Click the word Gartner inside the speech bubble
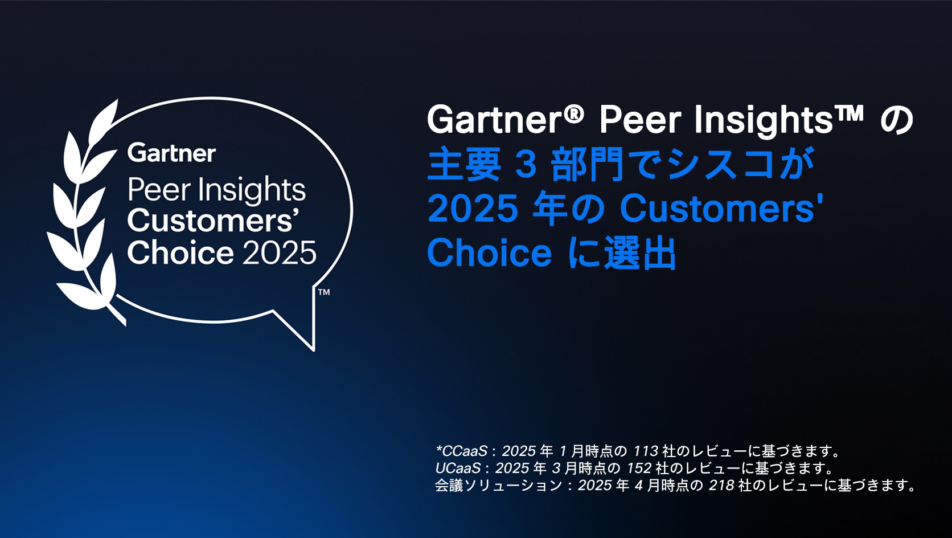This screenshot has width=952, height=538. pyautogui.click(x=171, y=153)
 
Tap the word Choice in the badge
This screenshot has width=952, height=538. pyautogui.click(x=180, y=252)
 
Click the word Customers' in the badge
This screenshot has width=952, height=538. pyautogui.click(x=212, y=221)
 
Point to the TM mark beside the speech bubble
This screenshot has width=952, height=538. pyautogui.click(x=324, y=292)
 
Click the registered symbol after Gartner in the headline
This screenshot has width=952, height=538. pyautogui.click(x=575, y=113)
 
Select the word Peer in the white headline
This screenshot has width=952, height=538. pyautogui.click(x=640, y=120)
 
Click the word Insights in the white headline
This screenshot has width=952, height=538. pyautogui.click(x=764, y=121)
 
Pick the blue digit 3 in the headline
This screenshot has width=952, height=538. pyautogui.click(x=526, y=165)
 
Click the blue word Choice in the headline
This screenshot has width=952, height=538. pyautogui.click(x=489, y=252)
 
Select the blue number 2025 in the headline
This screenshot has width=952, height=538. pyautogui.click(x=473, y=209)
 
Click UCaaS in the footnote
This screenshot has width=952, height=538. pyautogui.click(x=458, y=468)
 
